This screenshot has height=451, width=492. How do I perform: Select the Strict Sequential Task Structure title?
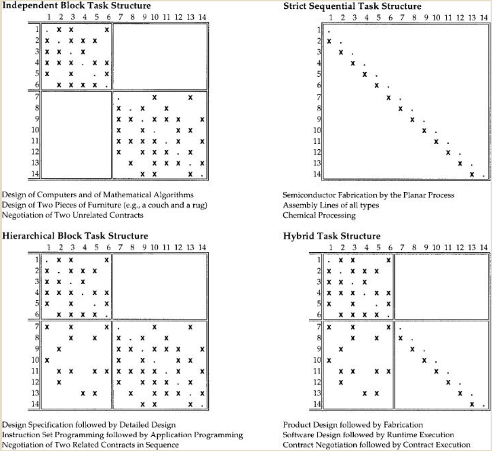pos(352,6)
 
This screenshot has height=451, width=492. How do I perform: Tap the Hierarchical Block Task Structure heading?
pos(75,236)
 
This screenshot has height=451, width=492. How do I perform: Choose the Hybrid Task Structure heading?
pos(332,237)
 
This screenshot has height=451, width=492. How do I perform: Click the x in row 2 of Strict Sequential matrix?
pos(329,42)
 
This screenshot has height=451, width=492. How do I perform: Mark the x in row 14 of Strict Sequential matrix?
pos(472,174)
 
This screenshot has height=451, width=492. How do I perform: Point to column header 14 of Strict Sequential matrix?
pos(483,18)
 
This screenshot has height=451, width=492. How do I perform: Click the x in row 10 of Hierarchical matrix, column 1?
pos(47,359)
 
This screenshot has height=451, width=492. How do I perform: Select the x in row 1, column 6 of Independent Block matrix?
pos(107,30)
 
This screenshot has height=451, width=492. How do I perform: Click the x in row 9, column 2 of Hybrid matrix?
pos(341,348)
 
